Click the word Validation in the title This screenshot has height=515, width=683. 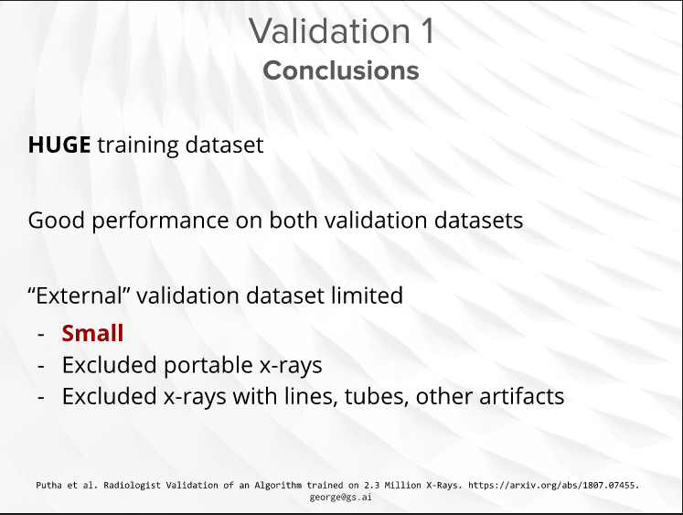(330, 30)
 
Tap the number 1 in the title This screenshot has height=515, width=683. (428, 30)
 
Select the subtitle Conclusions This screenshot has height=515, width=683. (341, 70)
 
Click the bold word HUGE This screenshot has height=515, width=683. (59, 145)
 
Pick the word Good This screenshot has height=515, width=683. (56, 220)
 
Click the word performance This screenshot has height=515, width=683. (160, 220)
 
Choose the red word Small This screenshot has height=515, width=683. (92, 333)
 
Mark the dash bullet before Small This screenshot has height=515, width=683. (41, 334)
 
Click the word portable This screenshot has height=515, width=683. (208, 365)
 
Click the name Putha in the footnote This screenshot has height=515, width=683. (48, 485)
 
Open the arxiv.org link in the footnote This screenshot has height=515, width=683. (554, 486)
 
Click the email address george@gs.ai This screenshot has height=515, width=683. (341, 497)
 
